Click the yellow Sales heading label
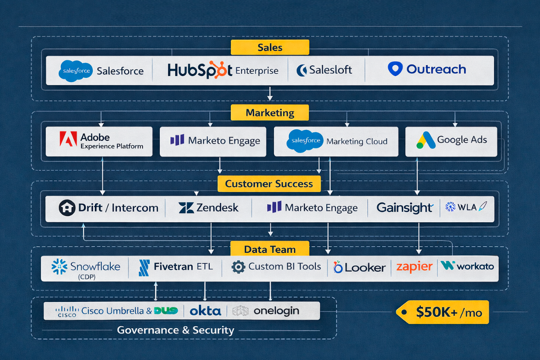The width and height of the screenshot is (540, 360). (x=270, y=47)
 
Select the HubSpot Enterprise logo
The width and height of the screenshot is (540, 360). (x=223, y=70)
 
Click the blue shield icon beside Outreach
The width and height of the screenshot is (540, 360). (x=395, y=69)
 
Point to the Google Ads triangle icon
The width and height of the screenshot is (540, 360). (x=425, y=140)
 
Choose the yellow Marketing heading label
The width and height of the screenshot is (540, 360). (x=270, y=112)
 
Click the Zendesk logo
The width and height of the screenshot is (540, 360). (x=208, y=207)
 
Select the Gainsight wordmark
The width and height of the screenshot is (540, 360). (x=404, y=207)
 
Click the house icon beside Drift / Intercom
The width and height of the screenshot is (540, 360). (x=67, y=207)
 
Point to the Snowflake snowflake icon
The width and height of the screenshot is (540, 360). (x=60, y=266)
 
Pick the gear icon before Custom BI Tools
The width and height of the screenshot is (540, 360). (x=238, y=267)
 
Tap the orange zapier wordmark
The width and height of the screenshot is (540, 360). (x=414, y=266)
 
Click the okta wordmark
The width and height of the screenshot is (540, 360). (x=205, y=310)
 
